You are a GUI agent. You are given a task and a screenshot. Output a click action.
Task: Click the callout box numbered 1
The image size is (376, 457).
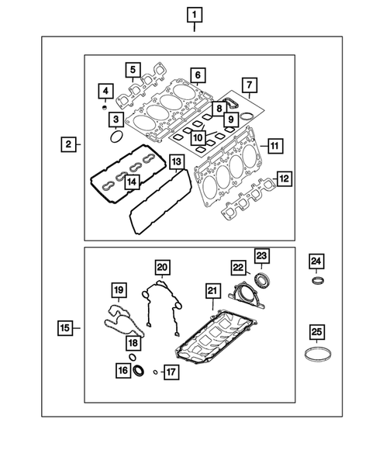pyautogui.click(x=193, y=14)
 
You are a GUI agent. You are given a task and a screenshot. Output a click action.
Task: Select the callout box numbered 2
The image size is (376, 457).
pyautogui.click(x=69, y=144)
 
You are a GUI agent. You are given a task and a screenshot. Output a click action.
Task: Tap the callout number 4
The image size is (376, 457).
pyautogui.click(x=105, y=93)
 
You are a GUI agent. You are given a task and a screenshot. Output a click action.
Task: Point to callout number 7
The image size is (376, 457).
pyautogui.click(x=247, y=84)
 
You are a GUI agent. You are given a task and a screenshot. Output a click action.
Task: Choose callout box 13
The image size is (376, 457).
pyautogui.click(x=177, y=161)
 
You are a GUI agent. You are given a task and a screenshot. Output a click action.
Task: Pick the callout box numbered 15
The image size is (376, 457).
pyautogui.click(x=66, y=328)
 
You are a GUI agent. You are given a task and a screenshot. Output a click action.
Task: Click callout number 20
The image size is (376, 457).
pyautogui.click(x=161, y=267)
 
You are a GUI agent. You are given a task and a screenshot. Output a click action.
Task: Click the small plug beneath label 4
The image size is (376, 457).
pyautogui.click(x=105, y=108)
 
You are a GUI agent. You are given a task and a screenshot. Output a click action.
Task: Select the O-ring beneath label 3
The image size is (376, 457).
pyautogui.click(x=116, y=137)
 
